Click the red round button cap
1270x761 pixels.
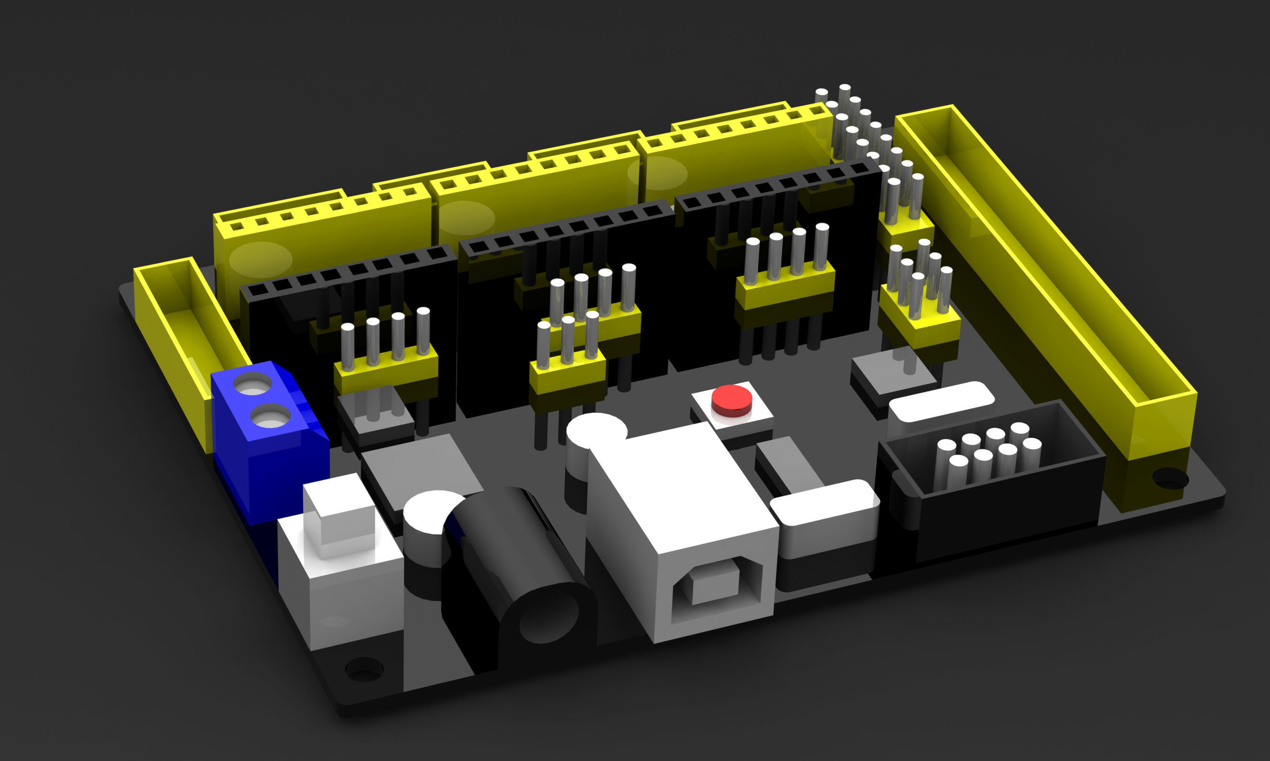[x=732, y=399]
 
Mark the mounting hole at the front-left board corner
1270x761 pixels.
[x=364, y=669]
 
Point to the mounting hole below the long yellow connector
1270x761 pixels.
[x=1170, y=478]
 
